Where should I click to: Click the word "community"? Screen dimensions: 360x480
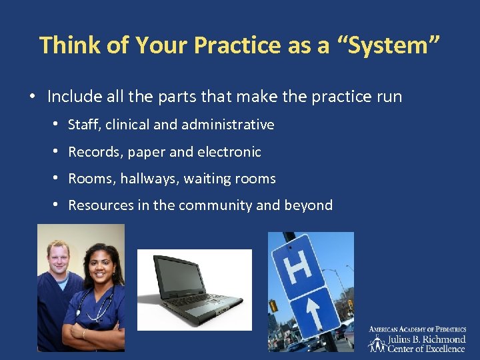point(214,205)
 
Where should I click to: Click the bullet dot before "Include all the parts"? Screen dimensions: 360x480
point(32,97)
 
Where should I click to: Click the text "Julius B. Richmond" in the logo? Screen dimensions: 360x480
point(427,339)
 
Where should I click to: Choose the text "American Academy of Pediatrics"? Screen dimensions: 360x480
point(417,329)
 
